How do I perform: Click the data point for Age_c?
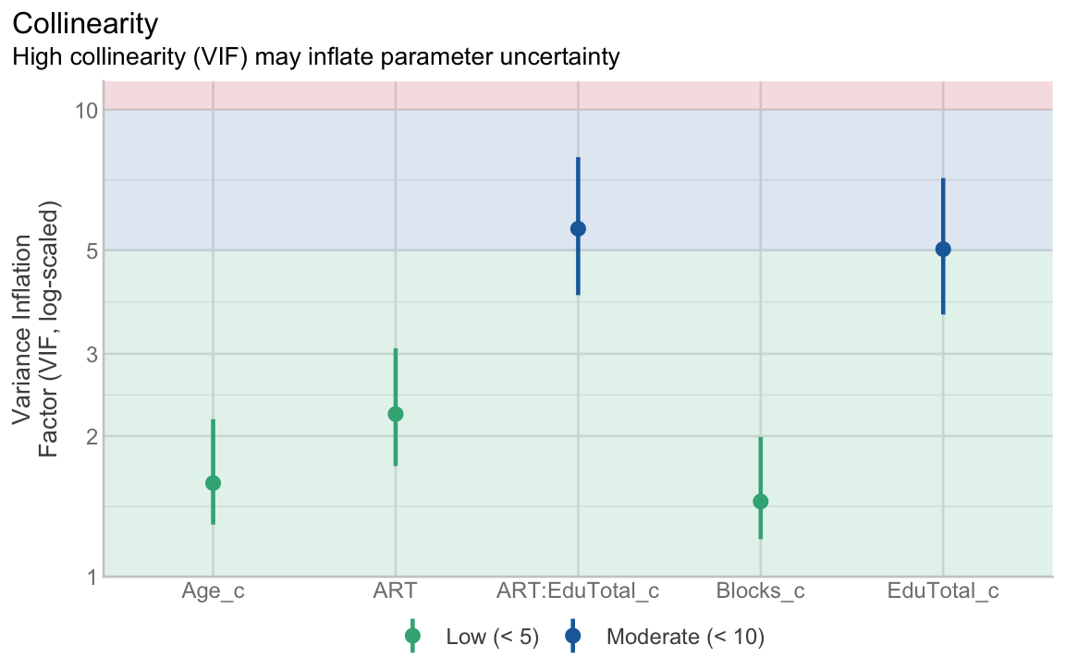coord(213,482)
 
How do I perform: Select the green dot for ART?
coord(395,414)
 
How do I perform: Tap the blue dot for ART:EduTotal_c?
coord(578,228)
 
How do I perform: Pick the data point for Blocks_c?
coord(761,502)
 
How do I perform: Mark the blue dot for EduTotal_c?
coord(943,249)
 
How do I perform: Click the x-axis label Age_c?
coord(213,591)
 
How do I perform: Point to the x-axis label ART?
coord(395,591)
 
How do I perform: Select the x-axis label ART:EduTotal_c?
coord(578,591)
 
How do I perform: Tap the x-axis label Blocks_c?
coord(761,591)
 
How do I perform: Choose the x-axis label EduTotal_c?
coord(943,591)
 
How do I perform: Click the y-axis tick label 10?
coord(86,110)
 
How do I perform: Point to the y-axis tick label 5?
coord(91,249)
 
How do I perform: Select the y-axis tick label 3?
coord(91,353)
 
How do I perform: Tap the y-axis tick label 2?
coord(91,435)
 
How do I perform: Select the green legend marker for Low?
coord(412,636)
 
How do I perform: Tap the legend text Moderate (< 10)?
coord(685,636)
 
